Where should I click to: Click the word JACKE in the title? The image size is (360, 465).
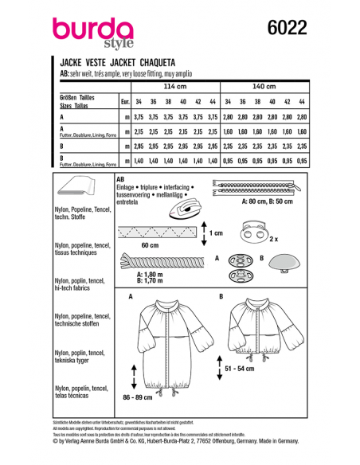(x=73, y=61)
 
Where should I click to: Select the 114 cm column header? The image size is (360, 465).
(x=174, y=87)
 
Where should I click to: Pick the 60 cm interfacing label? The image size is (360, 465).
(x=150, y=247)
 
